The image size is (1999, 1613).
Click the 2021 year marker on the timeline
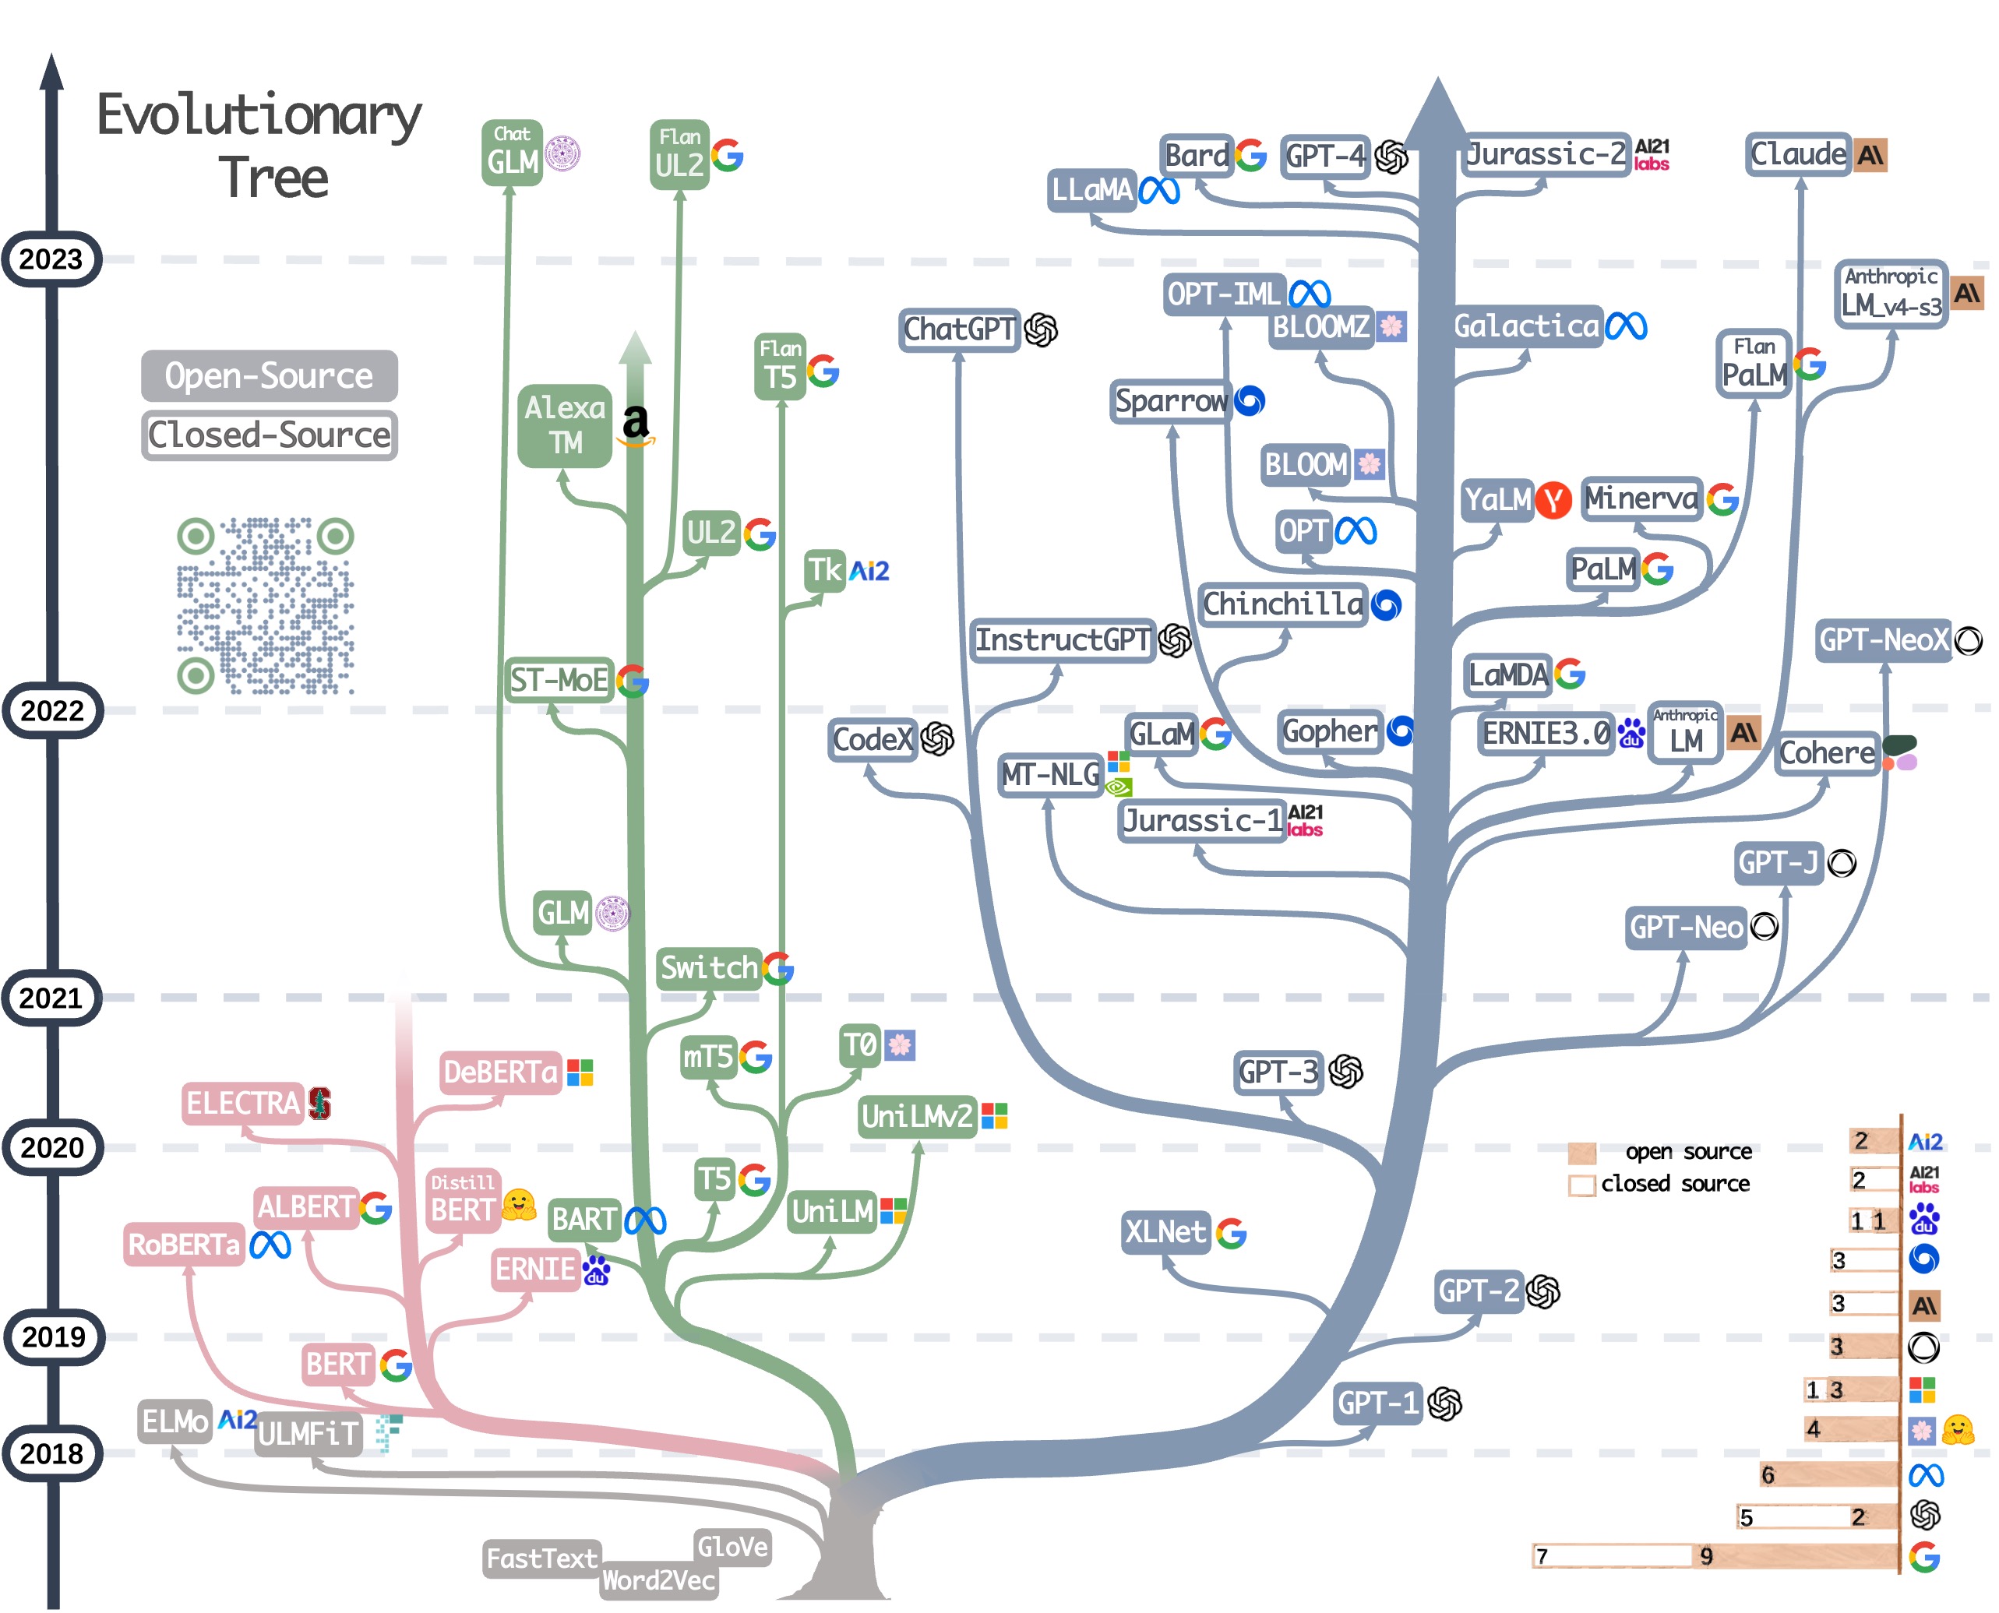click(51, 998)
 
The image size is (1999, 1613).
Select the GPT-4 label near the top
click(1325, 155)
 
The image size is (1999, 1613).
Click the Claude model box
click(1797, 154)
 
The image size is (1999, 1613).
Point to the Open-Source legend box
click(269, 375)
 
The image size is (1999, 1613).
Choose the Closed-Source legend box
click(269, 435)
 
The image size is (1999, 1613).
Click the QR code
click(265, 606)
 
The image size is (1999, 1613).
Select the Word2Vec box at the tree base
click(658, 1580)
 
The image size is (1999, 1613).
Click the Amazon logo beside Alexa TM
click(636, 425)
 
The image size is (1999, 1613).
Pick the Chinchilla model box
click(1282, 605)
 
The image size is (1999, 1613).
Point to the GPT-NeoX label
click(1883, 640)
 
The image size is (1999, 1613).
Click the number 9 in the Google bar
click(1706, 1556)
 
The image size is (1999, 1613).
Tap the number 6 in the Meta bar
click(1768, 1475)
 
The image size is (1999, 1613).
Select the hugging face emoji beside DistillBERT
click(519, 1205)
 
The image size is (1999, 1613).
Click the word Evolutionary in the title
click(259, 116)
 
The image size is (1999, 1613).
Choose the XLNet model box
click(1165, 1232)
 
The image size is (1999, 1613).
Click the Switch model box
click(709, 968)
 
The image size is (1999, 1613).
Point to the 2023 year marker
click(51, 259)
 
